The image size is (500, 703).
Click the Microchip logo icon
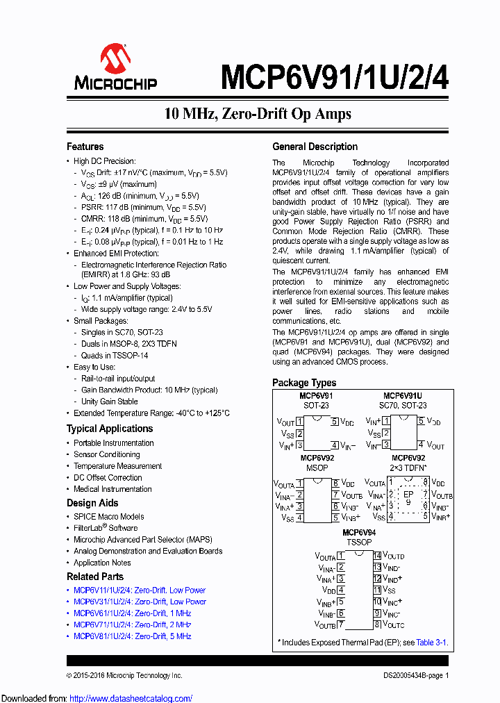coord(115,58)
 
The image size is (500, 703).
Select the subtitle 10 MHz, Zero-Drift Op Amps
coord(258,113)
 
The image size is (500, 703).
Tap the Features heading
coord(85,147)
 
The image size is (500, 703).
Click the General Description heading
coord(315,147)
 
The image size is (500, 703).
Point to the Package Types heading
coord(303,383)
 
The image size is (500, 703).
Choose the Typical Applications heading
coord(110,429)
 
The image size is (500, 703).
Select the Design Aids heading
coord(92,503)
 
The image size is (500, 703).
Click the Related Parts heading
coord(95,577)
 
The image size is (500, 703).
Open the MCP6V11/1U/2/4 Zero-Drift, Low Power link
coord(140,590)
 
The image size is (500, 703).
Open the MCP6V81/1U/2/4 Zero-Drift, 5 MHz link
coord(132,636)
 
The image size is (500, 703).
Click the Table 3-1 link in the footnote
coord(431,643)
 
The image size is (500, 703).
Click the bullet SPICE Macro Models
coord(109,517)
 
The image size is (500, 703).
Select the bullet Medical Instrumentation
coord(112,489)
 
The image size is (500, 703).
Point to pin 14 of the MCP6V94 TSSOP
coord(377,556)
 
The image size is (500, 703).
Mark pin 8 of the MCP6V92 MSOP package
coord(335,483)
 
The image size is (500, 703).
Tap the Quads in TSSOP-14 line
coord(115,355)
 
